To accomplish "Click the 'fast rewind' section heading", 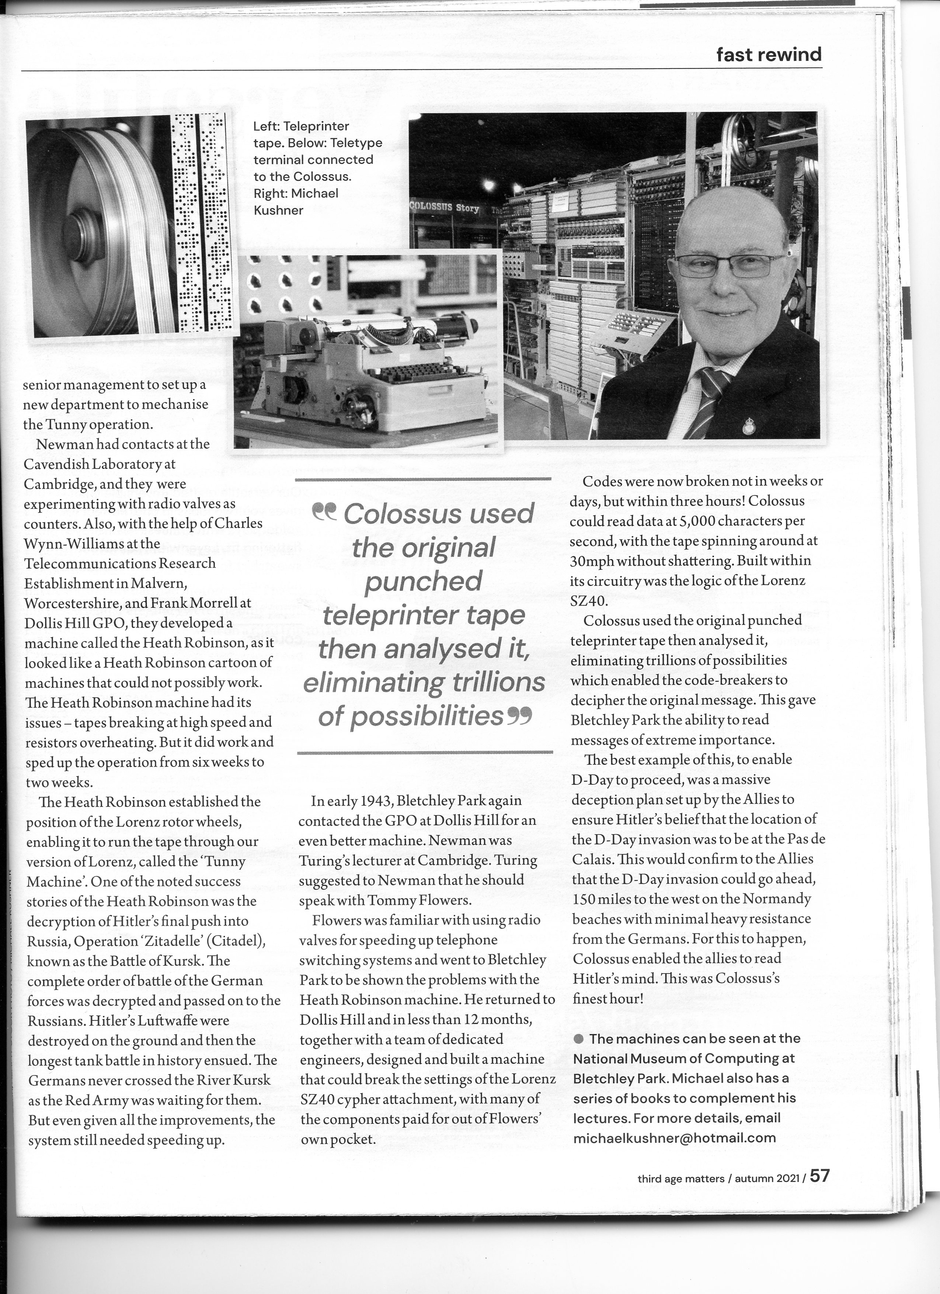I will [x=769, y=55].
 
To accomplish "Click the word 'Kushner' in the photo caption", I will [x=278, y=210].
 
